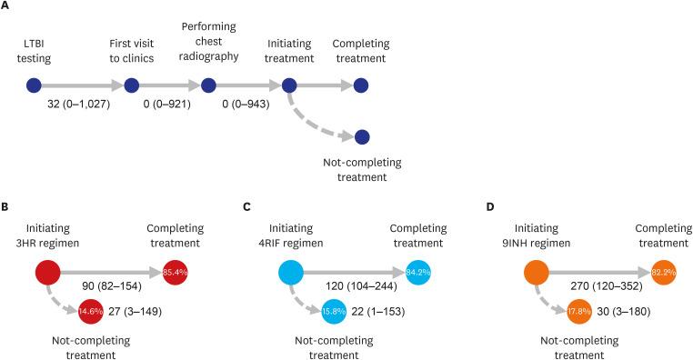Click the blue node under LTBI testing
click(x=35, y=85)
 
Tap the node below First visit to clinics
click(x=131, y=85)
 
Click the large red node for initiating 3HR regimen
click(x=47, y=271)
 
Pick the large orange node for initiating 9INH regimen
click(x=538, y=271)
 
